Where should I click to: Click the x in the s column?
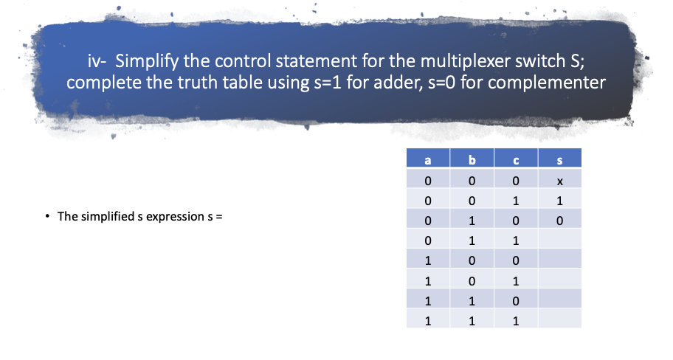[x=560, y=181]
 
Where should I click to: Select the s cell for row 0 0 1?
[x=560, y=200]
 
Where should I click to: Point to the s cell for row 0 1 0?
[x=560, y=220]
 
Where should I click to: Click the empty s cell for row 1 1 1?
[x=560, y=321]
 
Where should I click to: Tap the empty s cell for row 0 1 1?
[x=560, y=240]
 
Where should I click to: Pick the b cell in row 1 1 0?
[x=472, y=301]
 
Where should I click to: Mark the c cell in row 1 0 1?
[x=516, y=280]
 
